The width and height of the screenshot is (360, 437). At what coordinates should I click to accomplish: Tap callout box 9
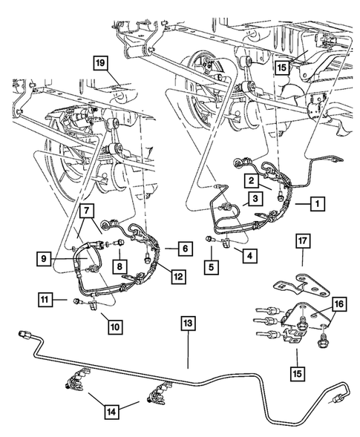(x=45, y=260)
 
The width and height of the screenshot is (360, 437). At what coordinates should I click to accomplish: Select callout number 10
(x=116, y=324)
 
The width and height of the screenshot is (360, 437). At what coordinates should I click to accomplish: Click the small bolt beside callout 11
(x=76, y=300)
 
